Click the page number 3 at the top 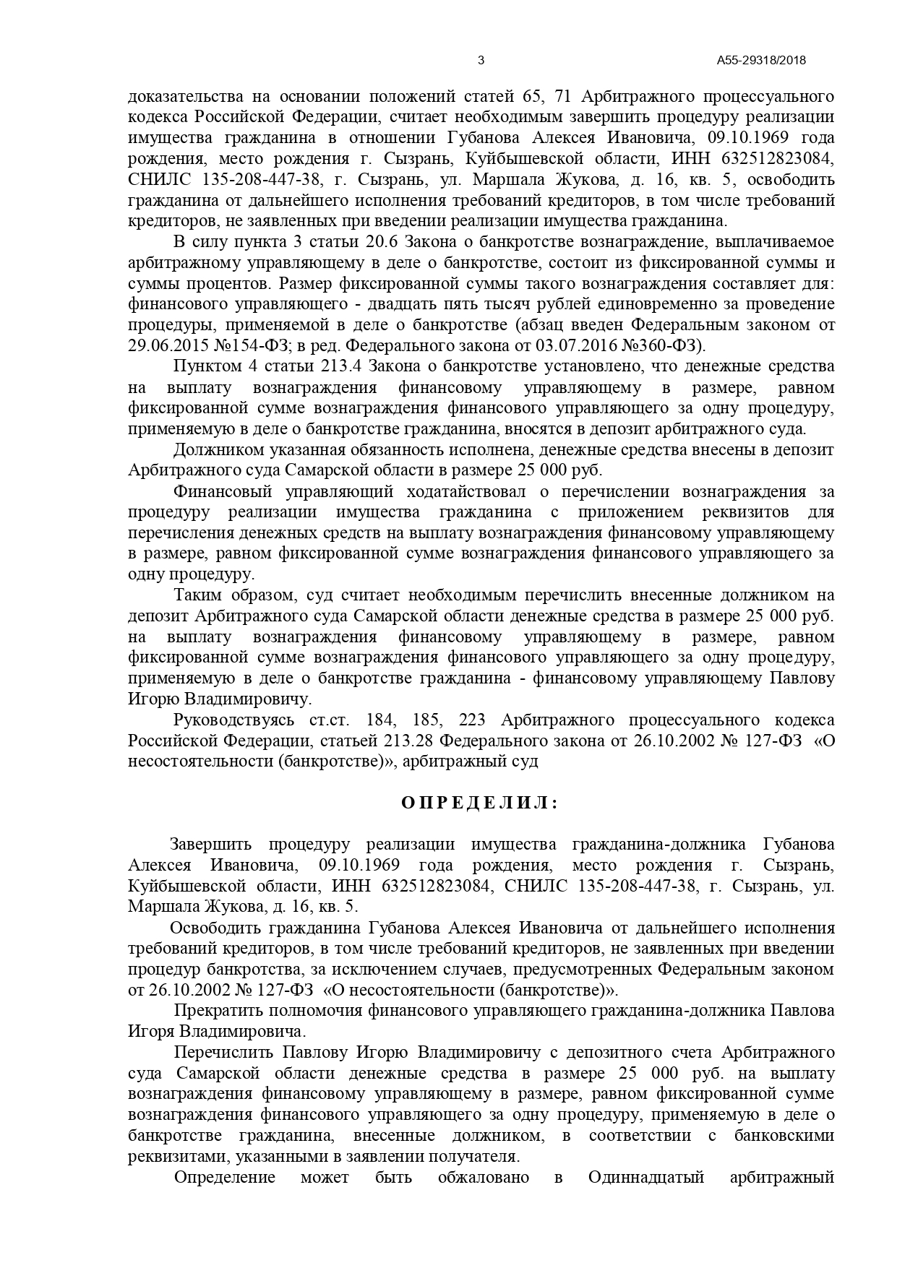pos(481,61)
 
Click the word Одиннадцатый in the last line pos(646,1177)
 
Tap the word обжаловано pos(484,1177)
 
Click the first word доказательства pos(184,97)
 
